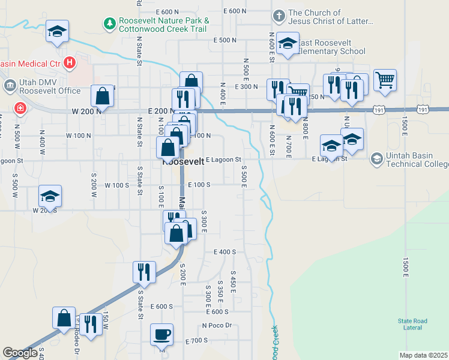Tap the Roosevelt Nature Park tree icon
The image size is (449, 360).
[110, 23]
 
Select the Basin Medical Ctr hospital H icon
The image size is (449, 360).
[70, 62]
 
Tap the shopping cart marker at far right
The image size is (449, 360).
[384, 79]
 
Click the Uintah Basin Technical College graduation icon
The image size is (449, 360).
[376, 158]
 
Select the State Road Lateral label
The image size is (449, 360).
[413, 324]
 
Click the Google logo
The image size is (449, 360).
[20, 353]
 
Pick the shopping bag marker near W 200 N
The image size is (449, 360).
[103, 96]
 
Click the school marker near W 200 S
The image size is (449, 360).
[50, 196]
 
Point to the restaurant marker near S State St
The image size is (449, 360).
[143, 271]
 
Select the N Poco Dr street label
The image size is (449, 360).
[217, 326]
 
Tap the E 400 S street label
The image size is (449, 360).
[224, 252]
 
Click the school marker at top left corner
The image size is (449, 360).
[57, 31]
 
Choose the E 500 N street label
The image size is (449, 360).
[225, 40]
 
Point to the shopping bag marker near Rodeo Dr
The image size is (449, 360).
[64, 318]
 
